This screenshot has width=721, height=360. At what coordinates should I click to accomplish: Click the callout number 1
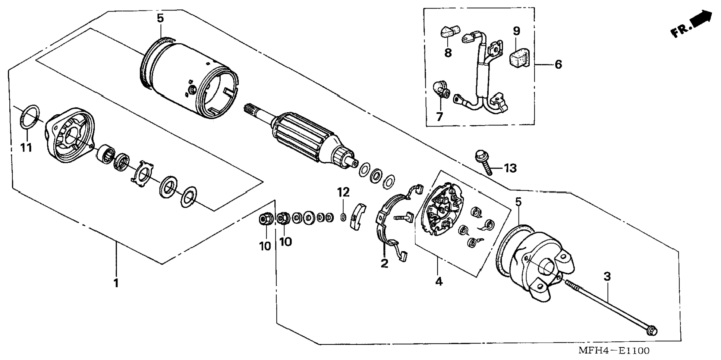point(116,283)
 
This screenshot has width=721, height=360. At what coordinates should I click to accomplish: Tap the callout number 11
point(26,148)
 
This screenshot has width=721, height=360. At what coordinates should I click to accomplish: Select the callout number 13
point(510,168)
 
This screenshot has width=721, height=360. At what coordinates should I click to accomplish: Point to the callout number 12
point(343,192)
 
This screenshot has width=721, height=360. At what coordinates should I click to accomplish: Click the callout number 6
point(558,65)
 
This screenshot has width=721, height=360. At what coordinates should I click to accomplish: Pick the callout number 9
point(516,31)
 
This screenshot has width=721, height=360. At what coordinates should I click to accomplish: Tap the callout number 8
point(448,53)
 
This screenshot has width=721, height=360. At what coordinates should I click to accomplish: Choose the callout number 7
point(439,117)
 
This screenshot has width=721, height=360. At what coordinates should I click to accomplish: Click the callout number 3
point(607,276)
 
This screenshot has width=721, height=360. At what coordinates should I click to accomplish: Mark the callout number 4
point(439,282)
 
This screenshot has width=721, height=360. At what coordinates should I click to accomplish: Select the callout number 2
point(384,263)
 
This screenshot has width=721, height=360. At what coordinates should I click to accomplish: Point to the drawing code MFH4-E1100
point(614,351)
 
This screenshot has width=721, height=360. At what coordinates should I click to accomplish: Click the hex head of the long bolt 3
point(652,330)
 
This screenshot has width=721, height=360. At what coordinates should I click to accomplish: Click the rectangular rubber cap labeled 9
point(519,58)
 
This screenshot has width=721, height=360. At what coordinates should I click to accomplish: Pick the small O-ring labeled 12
point(343,217)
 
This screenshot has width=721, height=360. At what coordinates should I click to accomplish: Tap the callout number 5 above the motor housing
point(160,18)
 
